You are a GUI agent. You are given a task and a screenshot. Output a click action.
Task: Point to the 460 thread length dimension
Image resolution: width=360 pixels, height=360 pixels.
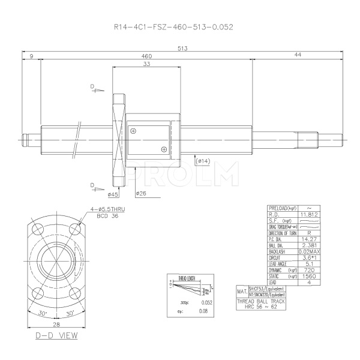point(146,55)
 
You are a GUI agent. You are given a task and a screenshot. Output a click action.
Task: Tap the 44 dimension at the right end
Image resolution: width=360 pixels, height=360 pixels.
point(298,55)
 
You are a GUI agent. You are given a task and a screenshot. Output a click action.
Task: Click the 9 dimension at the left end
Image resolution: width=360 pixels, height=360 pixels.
point(31,55)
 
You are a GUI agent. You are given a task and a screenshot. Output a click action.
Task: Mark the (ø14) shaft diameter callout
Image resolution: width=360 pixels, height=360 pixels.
point(203,161)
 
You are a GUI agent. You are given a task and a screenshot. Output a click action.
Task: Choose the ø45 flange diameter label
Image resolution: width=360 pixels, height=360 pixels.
point(113,193)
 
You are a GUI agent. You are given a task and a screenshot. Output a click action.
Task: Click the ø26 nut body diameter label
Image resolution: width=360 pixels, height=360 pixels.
point(142,193)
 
